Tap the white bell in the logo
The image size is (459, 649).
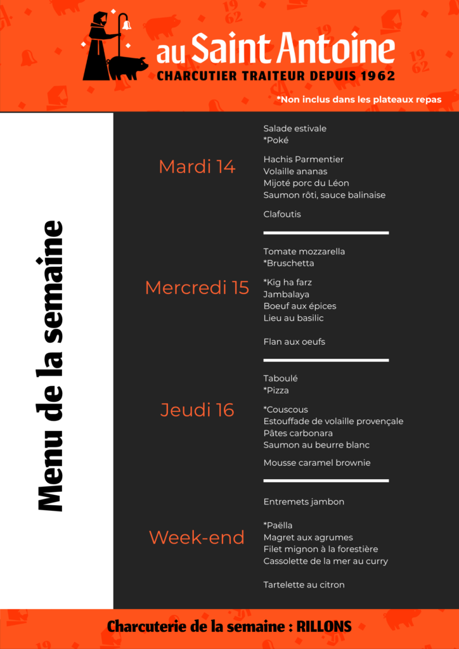point(126,25)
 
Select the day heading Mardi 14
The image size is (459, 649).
point(197,167)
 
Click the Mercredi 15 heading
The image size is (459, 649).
point(197,288)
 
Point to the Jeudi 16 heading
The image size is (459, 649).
point(197,410)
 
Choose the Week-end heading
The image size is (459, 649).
point(197,537)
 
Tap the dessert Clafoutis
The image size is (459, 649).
point(282,214)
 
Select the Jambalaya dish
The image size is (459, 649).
point(287,294)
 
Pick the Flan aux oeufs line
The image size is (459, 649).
point(294,342)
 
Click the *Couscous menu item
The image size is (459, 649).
point(285,409)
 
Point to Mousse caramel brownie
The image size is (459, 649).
point(317,463)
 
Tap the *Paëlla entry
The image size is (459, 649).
point(278,525)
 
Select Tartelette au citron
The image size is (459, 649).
point(304,584)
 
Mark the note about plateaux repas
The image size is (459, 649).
point(359,100)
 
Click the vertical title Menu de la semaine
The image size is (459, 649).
point(51,366)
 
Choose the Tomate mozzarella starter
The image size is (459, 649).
point(304,252)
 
